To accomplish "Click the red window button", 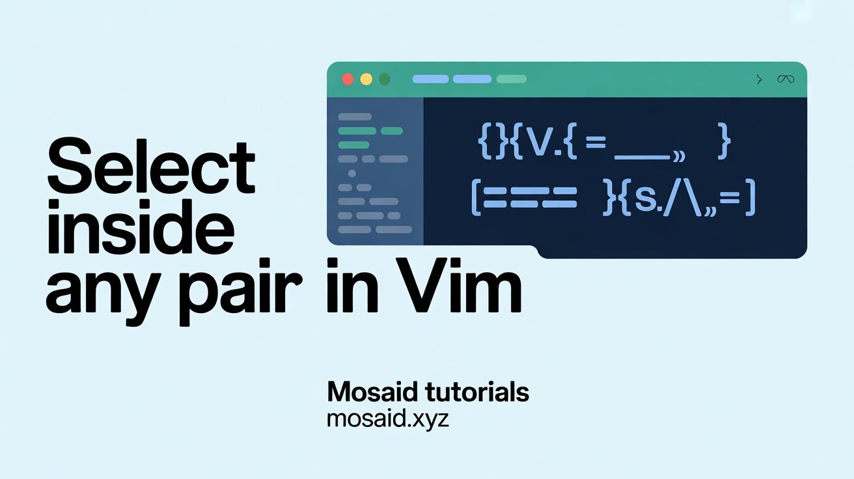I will coord(348,79).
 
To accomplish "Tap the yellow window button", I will coord(366,79).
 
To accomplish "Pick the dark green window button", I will coord(385,79).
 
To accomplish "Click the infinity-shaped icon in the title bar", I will coord(785,79).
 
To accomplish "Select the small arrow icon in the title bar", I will coord(758,79).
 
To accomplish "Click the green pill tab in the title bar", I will coord(511,79).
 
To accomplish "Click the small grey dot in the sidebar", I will coord(352,173).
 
